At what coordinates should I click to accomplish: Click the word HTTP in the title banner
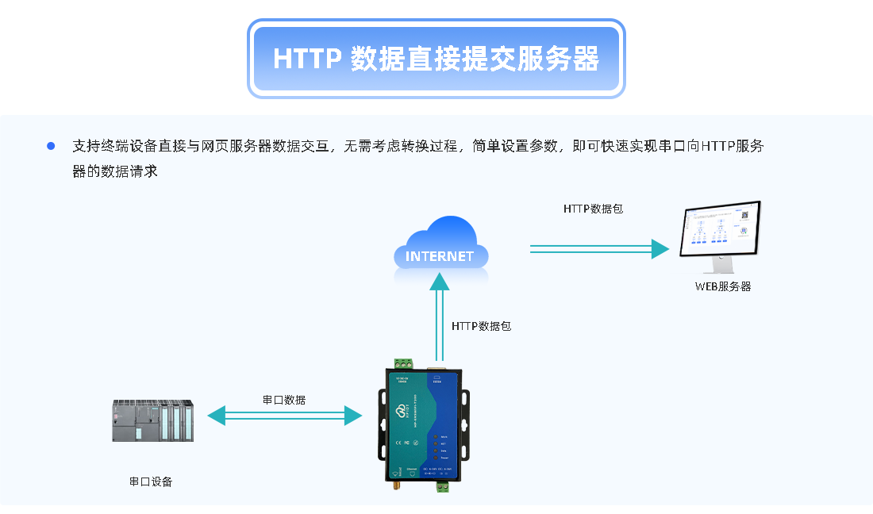pos(307,59)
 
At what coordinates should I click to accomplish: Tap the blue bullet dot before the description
pos(52,146)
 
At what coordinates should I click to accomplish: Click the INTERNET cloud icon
pos(440,247)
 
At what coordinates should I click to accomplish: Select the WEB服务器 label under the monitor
pos(722,286)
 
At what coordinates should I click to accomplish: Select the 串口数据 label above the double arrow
pos(284,400)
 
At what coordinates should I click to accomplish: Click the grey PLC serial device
pos(152,420)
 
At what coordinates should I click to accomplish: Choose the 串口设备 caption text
pos(151,481)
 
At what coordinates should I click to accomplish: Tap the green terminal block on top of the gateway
pos(401,363)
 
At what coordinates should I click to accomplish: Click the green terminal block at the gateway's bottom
pos(441,486)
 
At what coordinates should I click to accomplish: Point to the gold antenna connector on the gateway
pos(392,486)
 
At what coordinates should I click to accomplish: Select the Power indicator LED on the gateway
pos(436,458)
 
